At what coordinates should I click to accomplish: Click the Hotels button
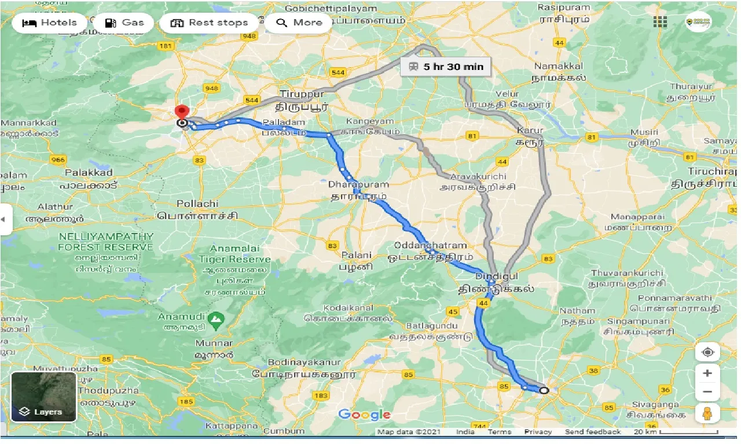click(49, 23)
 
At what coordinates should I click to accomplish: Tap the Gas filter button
click(124, 23)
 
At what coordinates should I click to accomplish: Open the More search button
click(299, 23)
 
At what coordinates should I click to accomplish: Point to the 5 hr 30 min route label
click(446, 66)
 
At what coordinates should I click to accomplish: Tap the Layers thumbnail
click(43, 397)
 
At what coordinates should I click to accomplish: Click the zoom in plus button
click(707, 373)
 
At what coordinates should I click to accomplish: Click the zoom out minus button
click(707, 392)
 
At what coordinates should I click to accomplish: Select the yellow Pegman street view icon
click(707, 414)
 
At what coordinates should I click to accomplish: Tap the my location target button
click(707, 351)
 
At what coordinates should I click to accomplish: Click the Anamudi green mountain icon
click(216, 318)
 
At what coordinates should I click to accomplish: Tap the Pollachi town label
click(197, 203)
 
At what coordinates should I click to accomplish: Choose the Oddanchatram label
click(431, 245)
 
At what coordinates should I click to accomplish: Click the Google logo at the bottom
click(365, 415)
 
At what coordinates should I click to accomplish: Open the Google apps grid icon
click(660, 22)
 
